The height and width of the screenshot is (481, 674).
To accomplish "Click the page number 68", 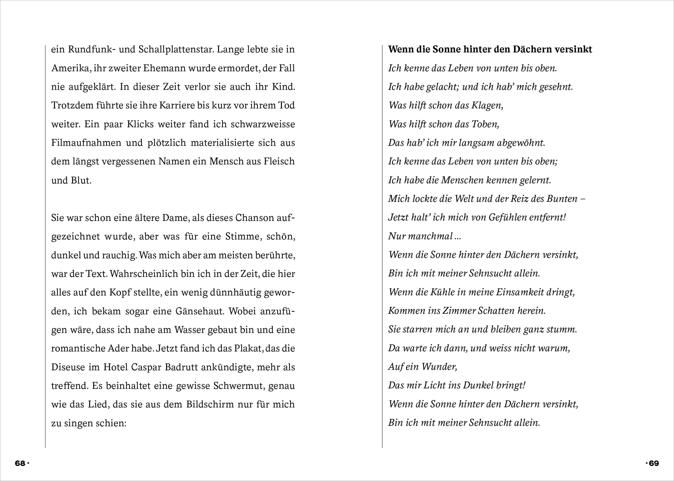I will (20, 463).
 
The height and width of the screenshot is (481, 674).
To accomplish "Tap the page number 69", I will (653, 463).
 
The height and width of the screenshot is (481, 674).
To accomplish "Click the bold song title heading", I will (490, 49).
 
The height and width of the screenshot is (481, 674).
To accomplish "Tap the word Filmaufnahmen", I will (86, 143).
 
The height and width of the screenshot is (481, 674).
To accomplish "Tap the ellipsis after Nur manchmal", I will (457, 236).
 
